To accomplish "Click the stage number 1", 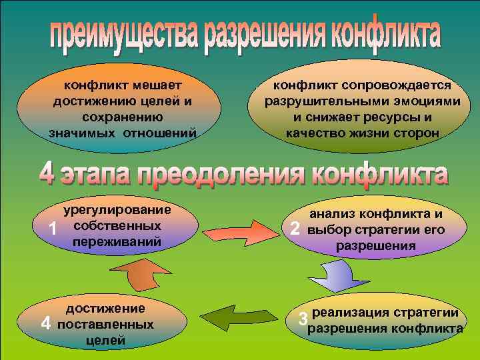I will coord(53,229).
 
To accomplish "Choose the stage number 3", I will coord(303,319).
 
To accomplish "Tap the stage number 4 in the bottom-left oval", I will coord(45,324).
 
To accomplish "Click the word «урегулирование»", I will coord(117,211).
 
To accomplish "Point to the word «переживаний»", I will coord(117,241).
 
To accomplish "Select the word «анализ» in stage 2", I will coord(333,215).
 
